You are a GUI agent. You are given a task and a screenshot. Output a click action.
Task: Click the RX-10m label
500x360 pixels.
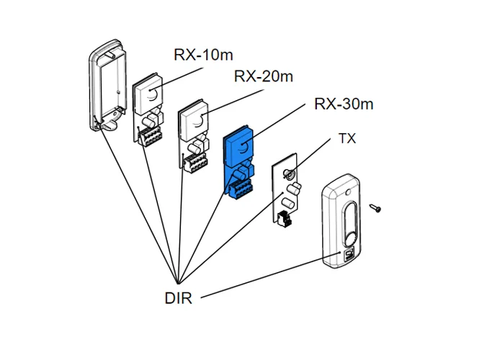205,55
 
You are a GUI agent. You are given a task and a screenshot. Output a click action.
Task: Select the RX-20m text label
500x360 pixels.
264,77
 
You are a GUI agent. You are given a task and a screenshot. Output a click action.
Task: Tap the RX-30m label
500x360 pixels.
344,104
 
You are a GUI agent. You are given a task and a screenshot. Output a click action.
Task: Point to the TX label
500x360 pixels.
347,139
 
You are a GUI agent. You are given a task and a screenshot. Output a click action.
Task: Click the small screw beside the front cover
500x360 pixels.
376,207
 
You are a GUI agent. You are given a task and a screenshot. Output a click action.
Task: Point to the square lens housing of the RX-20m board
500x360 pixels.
195,119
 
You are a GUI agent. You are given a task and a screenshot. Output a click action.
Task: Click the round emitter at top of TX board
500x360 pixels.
287,173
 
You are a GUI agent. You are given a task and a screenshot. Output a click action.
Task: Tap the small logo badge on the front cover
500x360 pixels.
349,254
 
